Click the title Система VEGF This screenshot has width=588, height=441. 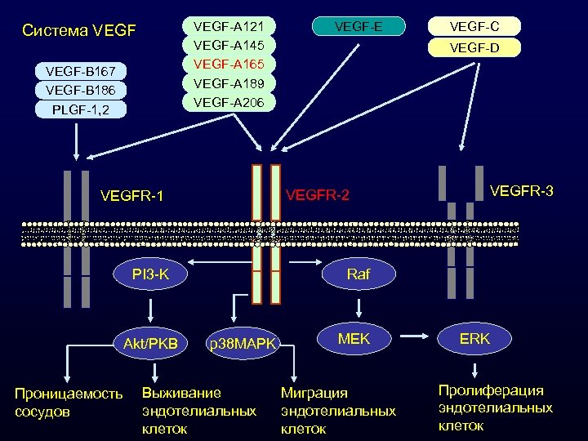(79, 32)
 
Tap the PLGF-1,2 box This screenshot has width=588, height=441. (80, 109)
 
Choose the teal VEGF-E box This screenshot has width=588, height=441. (360, 27)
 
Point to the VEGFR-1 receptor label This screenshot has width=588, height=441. (131, 195)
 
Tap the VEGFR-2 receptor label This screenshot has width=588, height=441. (318, 195)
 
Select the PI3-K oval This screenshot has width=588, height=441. (150, 274)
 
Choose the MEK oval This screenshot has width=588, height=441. (354, 337)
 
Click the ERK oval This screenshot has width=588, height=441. (474, 337)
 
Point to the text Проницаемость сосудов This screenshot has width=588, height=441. (69, 402)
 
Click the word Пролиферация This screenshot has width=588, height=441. (491, 391)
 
